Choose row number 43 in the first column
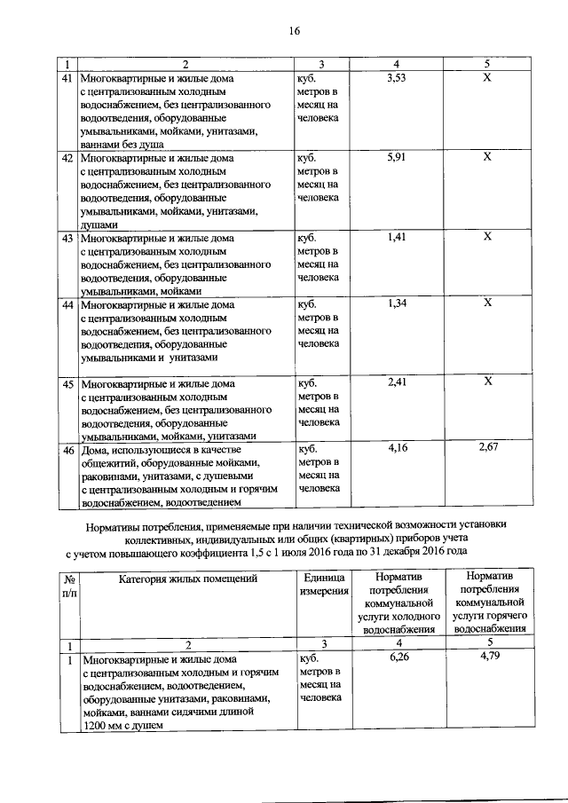pyautogui.click(x=66, y=238)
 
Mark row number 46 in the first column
pyautogui.click(x=66, y=450)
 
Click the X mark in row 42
pyautogui.click(x=486, y=157)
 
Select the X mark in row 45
pyautogui.click(x=486, y=382)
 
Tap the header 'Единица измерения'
pyautogui.click(x=322, y=584)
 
